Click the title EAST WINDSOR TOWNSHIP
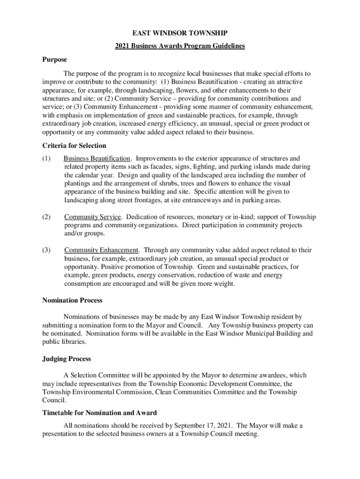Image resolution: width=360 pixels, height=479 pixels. [180, 34]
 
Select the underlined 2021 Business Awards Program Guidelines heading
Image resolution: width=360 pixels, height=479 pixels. [180, 46]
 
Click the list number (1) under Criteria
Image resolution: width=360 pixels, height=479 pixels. [46, 159]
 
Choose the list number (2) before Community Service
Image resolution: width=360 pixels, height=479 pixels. [46, 217]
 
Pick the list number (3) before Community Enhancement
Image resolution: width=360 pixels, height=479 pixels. [46, 250]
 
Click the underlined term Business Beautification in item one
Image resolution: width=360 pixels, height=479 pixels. [97, 159]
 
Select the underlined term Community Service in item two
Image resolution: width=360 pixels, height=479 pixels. [93, 217]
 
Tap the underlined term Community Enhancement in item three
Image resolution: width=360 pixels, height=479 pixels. [101, 250]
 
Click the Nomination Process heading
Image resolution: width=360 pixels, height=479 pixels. [72, 300]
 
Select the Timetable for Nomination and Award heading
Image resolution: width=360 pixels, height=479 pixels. [100, 413]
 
